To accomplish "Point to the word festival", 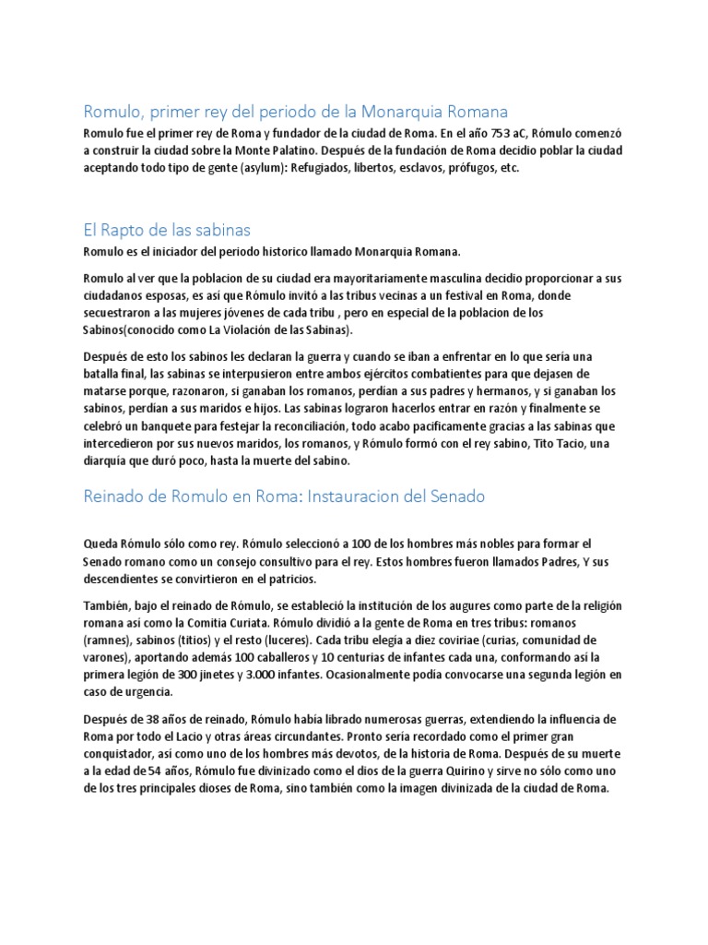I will pos(423,295).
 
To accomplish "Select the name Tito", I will pos(515,444).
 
